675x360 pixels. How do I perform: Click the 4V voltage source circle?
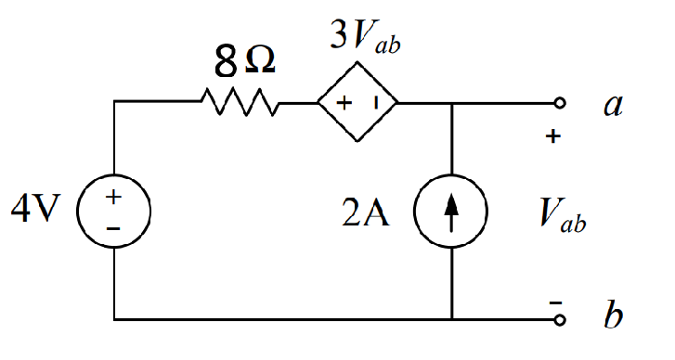pos(113,212)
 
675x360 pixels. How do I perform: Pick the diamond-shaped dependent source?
pos(357,102)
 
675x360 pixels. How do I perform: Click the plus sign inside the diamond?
pos(343,102)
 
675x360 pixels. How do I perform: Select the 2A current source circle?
pos(451,212)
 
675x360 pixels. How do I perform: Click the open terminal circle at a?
pos(558,102)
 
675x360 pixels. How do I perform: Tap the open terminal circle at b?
pos(558,320)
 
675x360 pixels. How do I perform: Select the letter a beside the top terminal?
pos(612,105)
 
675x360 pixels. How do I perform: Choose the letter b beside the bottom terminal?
pos(613,317)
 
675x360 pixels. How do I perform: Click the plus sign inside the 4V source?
pos(113,197)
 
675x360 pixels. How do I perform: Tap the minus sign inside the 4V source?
pos(113,227)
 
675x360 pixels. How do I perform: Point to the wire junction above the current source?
pos(451,102)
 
